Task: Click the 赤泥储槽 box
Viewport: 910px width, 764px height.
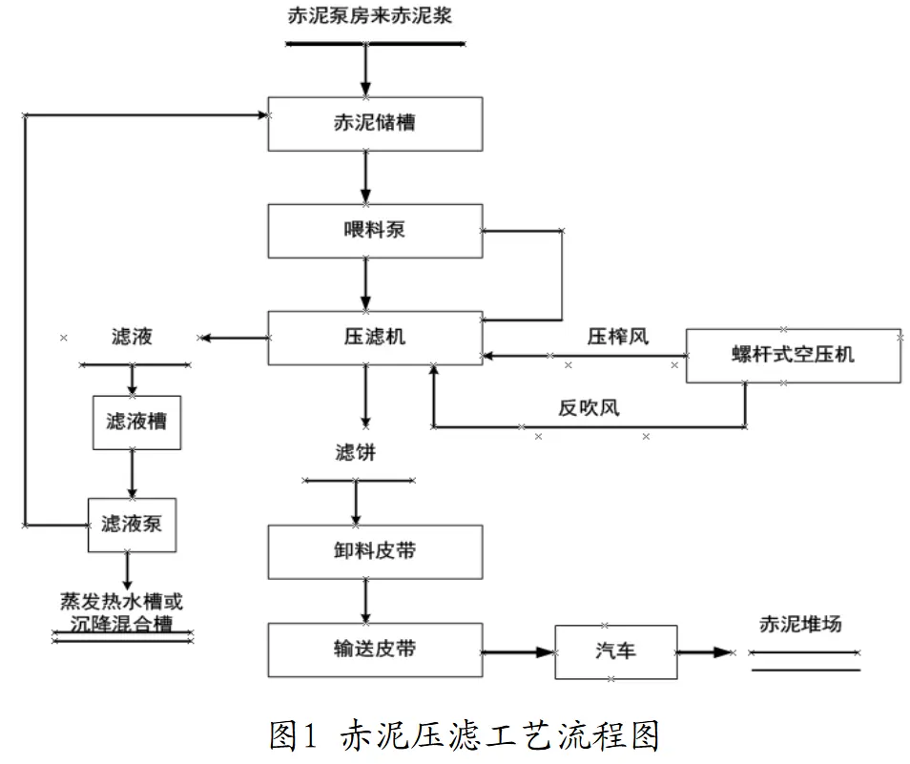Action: coord(374,123)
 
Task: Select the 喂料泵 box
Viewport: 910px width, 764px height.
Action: coord(374,231)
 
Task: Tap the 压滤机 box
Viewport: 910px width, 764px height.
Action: coord(374,338)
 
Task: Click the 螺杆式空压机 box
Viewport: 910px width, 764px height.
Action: coord(793,356)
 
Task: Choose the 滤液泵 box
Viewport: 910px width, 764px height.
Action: coord(132,525)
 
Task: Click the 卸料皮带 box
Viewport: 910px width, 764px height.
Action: coord(374,551)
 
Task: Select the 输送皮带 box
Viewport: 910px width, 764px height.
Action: coord(374,650)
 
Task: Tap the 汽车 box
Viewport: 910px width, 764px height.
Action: coord(615,652)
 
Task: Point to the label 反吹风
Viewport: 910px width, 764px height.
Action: coord(589,408)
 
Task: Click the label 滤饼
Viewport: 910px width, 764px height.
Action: coord(355,453)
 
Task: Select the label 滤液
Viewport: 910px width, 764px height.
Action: coord(132,337)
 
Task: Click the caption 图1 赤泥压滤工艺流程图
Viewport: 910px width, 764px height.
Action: coord(465,735)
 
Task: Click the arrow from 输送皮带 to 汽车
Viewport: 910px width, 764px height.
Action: coord(518,652)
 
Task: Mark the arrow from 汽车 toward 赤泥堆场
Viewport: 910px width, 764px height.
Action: coord(706,652)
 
